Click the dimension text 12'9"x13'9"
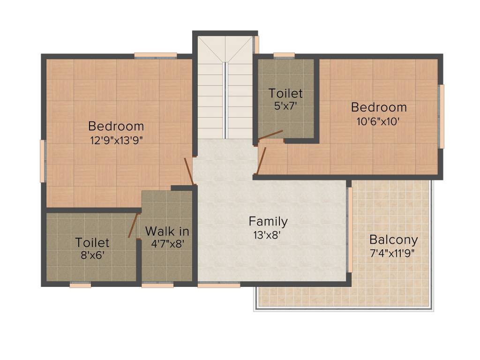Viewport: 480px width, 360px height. coord(116,139)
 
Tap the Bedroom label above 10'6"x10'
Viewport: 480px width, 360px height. coord(379,107)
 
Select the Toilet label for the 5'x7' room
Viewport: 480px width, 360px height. coord(285,93)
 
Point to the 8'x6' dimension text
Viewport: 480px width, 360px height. coord(92,255)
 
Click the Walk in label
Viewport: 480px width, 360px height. coord(167,231)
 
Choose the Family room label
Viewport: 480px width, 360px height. coord(268,221)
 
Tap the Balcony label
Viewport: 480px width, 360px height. coord(393,240)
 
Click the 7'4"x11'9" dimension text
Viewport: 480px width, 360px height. coord(393,253)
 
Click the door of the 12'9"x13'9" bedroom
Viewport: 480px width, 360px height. coord(188,171)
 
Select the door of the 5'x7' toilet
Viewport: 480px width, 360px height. coord(270,135)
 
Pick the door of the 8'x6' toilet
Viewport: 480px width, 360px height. coord(133,225)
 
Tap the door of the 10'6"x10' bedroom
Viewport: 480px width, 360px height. coord(262,161)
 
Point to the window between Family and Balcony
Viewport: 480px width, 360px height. coord(349,230)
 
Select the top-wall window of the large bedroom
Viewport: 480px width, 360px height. coord(156,55)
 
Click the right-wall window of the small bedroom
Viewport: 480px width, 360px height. coord(441,116)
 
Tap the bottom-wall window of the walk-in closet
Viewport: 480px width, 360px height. coord(157,285)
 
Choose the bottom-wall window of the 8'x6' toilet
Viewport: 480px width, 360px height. coord(80,285)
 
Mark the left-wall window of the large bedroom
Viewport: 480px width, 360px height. coord(43,161)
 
